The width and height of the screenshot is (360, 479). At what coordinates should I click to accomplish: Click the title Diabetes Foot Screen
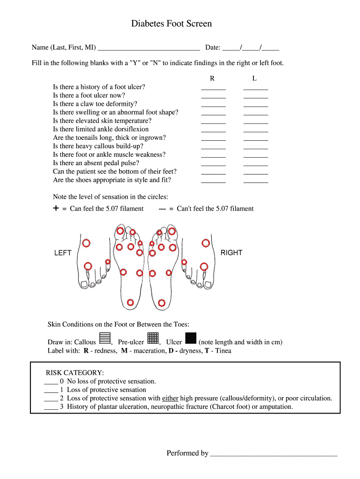coord(171,23)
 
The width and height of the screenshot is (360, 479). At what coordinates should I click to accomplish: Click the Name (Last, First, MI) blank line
coord(149,48)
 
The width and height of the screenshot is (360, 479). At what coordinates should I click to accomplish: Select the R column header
coord(212,79)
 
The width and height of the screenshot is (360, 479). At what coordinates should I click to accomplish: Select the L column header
coord(254,79)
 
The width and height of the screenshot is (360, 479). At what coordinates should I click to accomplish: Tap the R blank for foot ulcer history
coord(213,87)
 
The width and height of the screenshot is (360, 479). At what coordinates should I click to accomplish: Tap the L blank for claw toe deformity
coord(256,104)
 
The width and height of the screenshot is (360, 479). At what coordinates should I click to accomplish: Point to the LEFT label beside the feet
coord(63,253)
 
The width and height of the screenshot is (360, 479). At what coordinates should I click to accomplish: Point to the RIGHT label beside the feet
coord(231,253)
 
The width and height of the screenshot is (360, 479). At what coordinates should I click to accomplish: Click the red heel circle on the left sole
coord(131,303)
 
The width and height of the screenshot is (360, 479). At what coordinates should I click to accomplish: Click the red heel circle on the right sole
coord(162,303)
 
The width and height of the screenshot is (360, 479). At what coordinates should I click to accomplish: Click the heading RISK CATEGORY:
coord(75,373)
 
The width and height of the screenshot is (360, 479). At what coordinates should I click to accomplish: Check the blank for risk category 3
coord(50,407)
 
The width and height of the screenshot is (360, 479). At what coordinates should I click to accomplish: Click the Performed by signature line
coord(274,454)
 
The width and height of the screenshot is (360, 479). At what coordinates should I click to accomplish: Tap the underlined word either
coord(170,399)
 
